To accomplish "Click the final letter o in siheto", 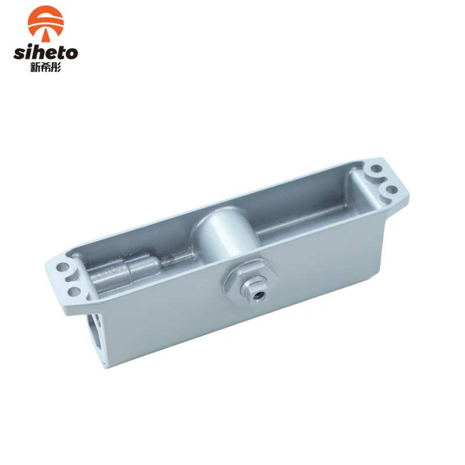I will tap(71, 53).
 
